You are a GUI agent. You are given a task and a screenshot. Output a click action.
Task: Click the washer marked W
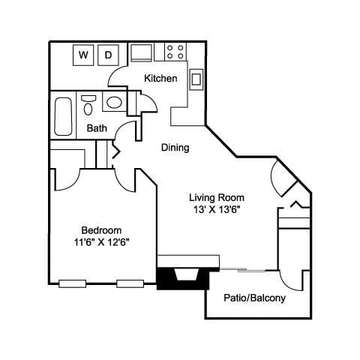click(82, 54)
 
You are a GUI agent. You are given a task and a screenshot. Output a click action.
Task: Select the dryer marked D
click(108, 54)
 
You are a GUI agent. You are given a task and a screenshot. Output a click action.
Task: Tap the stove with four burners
click(175, 52)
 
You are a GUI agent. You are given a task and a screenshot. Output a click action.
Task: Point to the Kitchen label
click(160, 78)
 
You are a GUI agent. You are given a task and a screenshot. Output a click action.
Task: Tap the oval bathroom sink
click(114, 103)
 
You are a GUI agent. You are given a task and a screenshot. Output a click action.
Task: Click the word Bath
click(97, 127)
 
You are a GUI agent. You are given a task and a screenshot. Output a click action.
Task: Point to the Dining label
click(175, 148)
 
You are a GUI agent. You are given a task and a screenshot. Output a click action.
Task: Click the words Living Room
click(216, 197)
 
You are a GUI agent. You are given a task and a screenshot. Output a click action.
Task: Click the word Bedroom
click(101, 229)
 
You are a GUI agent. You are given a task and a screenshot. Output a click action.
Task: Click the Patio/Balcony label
click(254, 298)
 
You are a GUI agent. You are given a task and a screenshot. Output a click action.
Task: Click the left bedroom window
click(72, 283)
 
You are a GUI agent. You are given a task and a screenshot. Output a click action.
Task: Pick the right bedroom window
click(129, 283)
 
